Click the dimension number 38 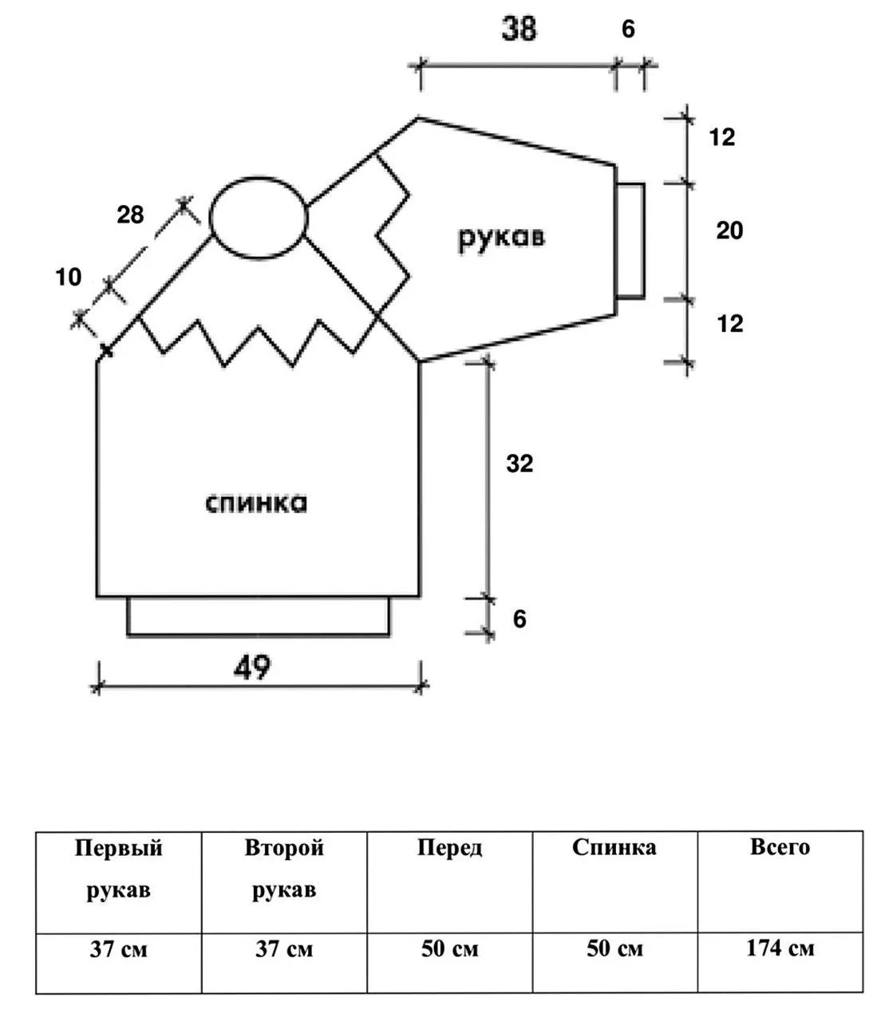tap(518, 28)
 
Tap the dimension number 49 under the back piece tap(252, 668)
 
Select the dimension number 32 tap(519, 463)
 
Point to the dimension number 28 tap(130, 215)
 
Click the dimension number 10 tap(68, 277)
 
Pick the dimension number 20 tap(729, 231)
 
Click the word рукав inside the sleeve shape tap(501, 238)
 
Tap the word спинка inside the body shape tap(256, 503)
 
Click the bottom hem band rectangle tap(259, 634)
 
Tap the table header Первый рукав tap(119, 869)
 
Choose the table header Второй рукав tap(284, 869)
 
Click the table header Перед tap(449, 848)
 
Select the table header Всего tap(780, 847)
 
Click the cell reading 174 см tap(780, 948)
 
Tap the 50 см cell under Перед tap(449, 949)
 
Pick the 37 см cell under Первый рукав tap(119, 949)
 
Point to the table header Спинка tap(614, 848)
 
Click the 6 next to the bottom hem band tap(519, 620)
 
